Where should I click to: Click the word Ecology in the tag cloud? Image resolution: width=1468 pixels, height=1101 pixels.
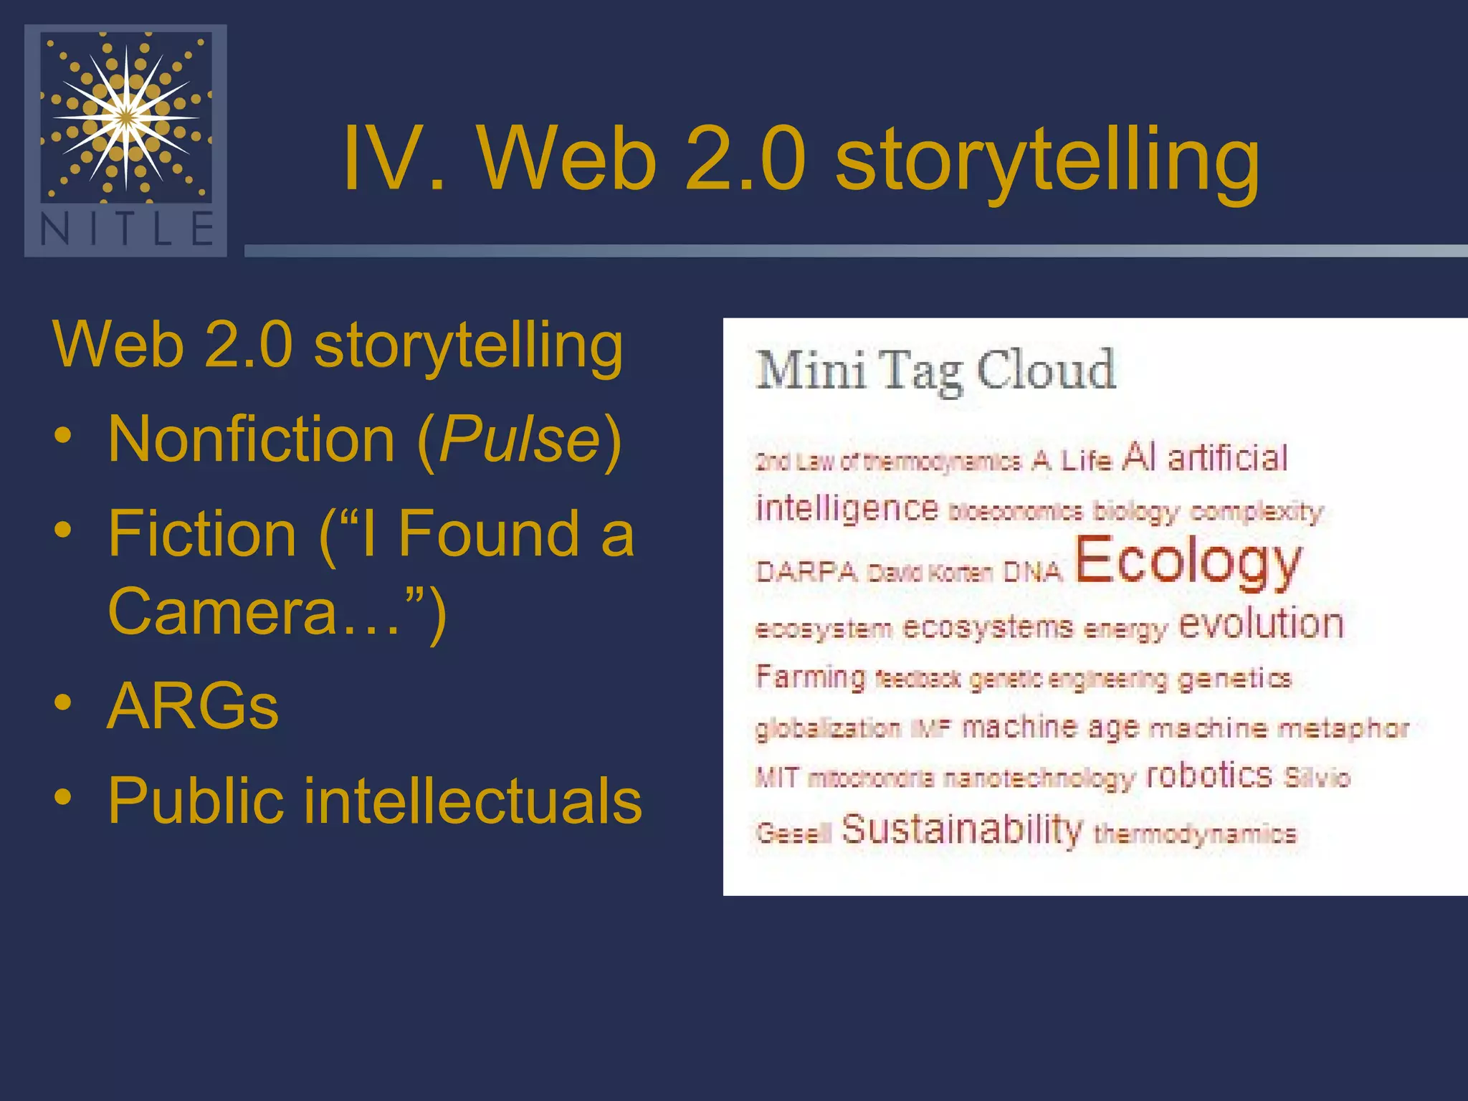pyautogui.click(x=1187, y=562)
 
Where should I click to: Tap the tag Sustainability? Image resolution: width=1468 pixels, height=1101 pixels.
pyautogui.click(x=961, y=830)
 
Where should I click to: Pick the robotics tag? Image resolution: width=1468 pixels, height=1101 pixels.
pyautogui.click(x=1209, y=776)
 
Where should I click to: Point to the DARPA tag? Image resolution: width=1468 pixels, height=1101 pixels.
pyautogui.click(x=806, y=572)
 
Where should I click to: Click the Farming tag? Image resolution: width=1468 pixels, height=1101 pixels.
pyautogui.click(x=811, y=677)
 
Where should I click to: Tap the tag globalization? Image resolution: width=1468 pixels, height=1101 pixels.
pyautogui.click(x=828, y=729)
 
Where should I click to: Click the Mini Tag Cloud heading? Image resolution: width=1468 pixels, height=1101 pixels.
pyautogui.click(x=935, y=371)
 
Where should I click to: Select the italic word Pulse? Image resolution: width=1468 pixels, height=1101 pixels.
pyautogui.click(x=520, y=439)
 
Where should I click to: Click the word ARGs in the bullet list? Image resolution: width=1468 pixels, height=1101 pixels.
pyautogui.click(x=193, y=706)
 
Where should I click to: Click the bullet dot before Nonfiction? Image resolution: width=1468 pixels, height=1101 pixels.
pyautogui.click(x=63, y=437)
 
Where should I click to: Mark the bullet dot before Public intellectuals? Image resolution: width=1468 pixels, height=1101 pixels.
pyautogui.click(x=63, y=798)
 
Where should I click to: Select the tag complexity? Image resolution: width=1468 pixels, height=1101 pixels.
pyautogui.click(x=1257, y=513)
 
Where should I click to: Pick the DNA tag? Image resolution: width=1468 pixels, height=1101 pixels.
pyautogui.click(x=1031, y=572)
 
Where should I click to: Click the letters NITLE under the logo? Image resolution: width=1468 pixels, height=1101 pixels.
pyautogui.click(x=126, y=229)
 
